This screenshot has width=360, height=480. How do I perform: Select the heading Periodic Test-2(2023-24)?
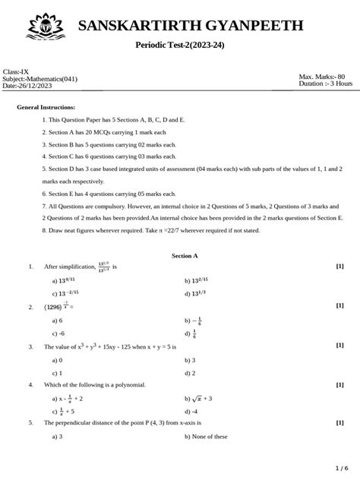pyautogui.click(x=179, y=47)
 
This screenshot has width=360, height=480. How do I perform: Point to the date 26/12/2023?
pyautogui.click(x=39, y=86)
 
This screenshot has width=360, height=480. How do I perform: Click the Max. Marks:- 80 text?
pyautogui.click(x=322, y=76)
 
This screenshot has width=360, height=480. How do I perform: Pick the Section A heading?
pyautogui.click(x=179, y=257)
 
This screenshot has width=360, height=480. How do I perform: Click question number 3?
pyautogui.click(x=30, y=346)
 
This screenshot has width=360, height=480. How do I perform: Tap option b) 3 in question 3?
pyautogui.click(x=189, y=360)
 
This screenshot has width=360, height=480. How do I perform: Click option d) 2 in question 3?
pyautogui.click(x=189, y=373)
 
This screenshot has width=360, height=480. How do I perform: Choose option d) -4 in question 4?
pyautogui.click(x=191, y=411)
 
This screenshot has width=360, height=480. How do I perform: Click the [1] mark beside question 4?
pyautogui.click(x=339, y=384)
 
